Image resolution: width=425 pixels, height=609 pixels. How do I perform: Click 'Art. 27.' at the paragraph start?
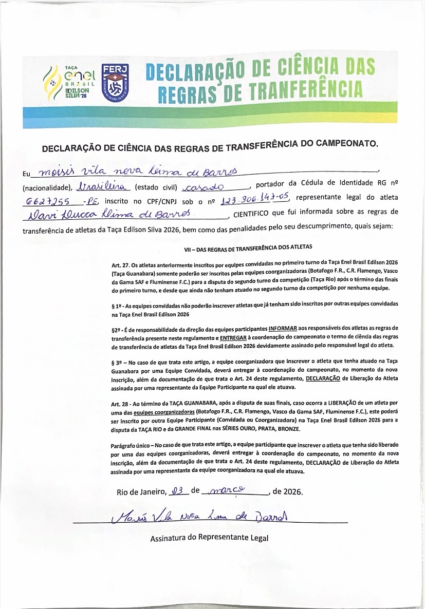point(121,265)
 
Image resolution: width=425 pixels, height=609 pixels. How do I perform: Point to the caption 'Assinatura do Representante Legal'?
point(209,538)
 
